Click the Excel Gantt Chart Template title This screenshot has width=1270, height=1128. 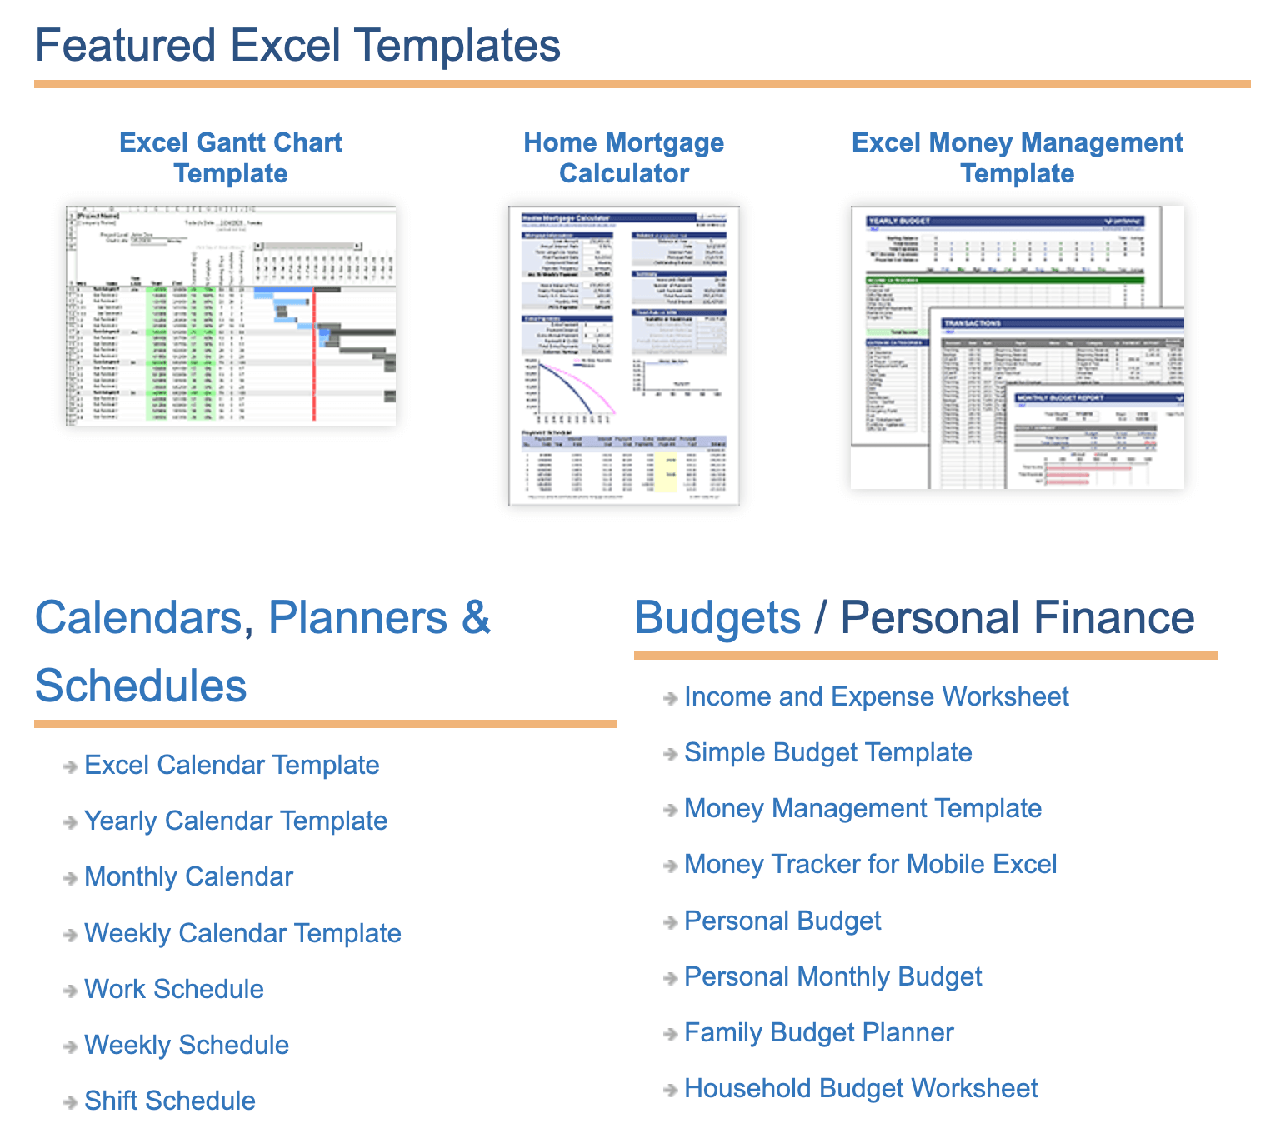231,157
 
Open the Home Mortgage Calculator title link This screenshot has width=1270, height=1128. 623,157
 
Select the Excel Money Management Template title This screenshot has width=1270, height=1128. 1017,157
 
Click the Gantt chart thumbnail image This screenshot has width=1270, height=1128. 231,316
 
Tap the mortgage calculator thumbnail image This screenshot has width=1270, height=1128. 623,355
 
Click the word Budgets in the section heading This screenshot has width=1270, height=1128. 717,617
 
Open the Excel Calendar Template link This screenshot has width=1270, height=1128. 232,765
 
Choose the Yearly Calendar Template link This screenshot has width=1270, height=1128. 236,821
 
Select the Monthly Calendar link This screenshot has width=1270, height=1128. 188,876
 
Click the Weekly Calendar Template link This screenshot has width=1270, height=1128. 242,933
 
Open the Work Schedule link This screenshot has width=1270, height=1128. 174,989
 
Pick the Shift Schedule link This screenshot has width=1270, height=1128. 170,1101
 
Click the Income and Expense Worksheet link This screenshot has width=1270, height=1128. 876,696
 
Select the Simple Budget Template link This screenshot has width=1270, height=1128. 827,752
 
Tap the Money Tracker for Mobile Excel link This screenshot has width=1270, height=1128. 870,864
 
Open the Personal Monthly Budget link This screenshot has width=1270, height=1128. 832,976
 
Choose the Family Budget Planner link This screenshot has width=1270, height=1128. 818,1032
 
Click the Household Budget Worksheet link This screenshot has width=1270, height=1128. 861,1088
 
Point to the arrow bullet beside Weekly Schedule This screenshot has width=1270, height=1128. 71,1046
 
